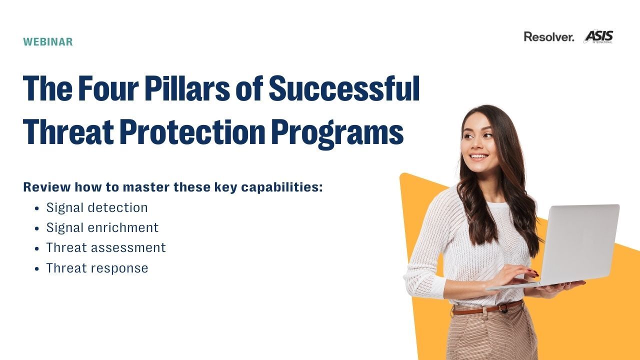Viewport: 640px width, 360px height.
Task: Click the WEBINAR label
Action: (48, 41)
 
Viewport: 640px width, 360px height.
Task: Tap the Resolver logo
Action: (549, 37)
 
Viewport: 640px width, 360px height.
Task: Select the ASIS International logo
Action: (598, 36)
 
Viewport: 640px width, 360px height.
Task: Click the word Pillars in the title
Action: (187, 88)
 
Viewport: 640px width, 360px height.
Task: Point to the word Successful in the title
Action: (344, 88)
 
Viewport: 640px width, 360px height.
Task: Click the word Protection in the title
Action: (192, 132)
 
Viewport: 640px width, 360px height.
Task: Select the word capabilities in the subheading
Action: (282, 187)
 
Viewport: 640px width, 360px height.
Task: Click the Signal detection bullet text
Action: (97, 207)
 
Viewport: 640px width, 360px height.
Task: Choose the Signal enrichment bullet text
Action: (102, 227)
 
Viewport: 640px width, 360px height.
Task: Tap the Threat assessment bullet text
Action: (106, 247)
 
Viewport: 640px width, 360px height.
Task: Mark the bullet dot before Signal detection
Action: (36, 208)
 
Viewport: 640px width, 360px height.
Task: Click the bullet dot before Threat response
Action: (36, 269)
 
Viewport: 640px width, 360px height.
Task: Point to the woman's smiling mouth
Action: (479, 156)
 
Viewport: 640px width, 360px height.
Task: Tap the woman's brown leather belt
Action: (487, 308)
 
